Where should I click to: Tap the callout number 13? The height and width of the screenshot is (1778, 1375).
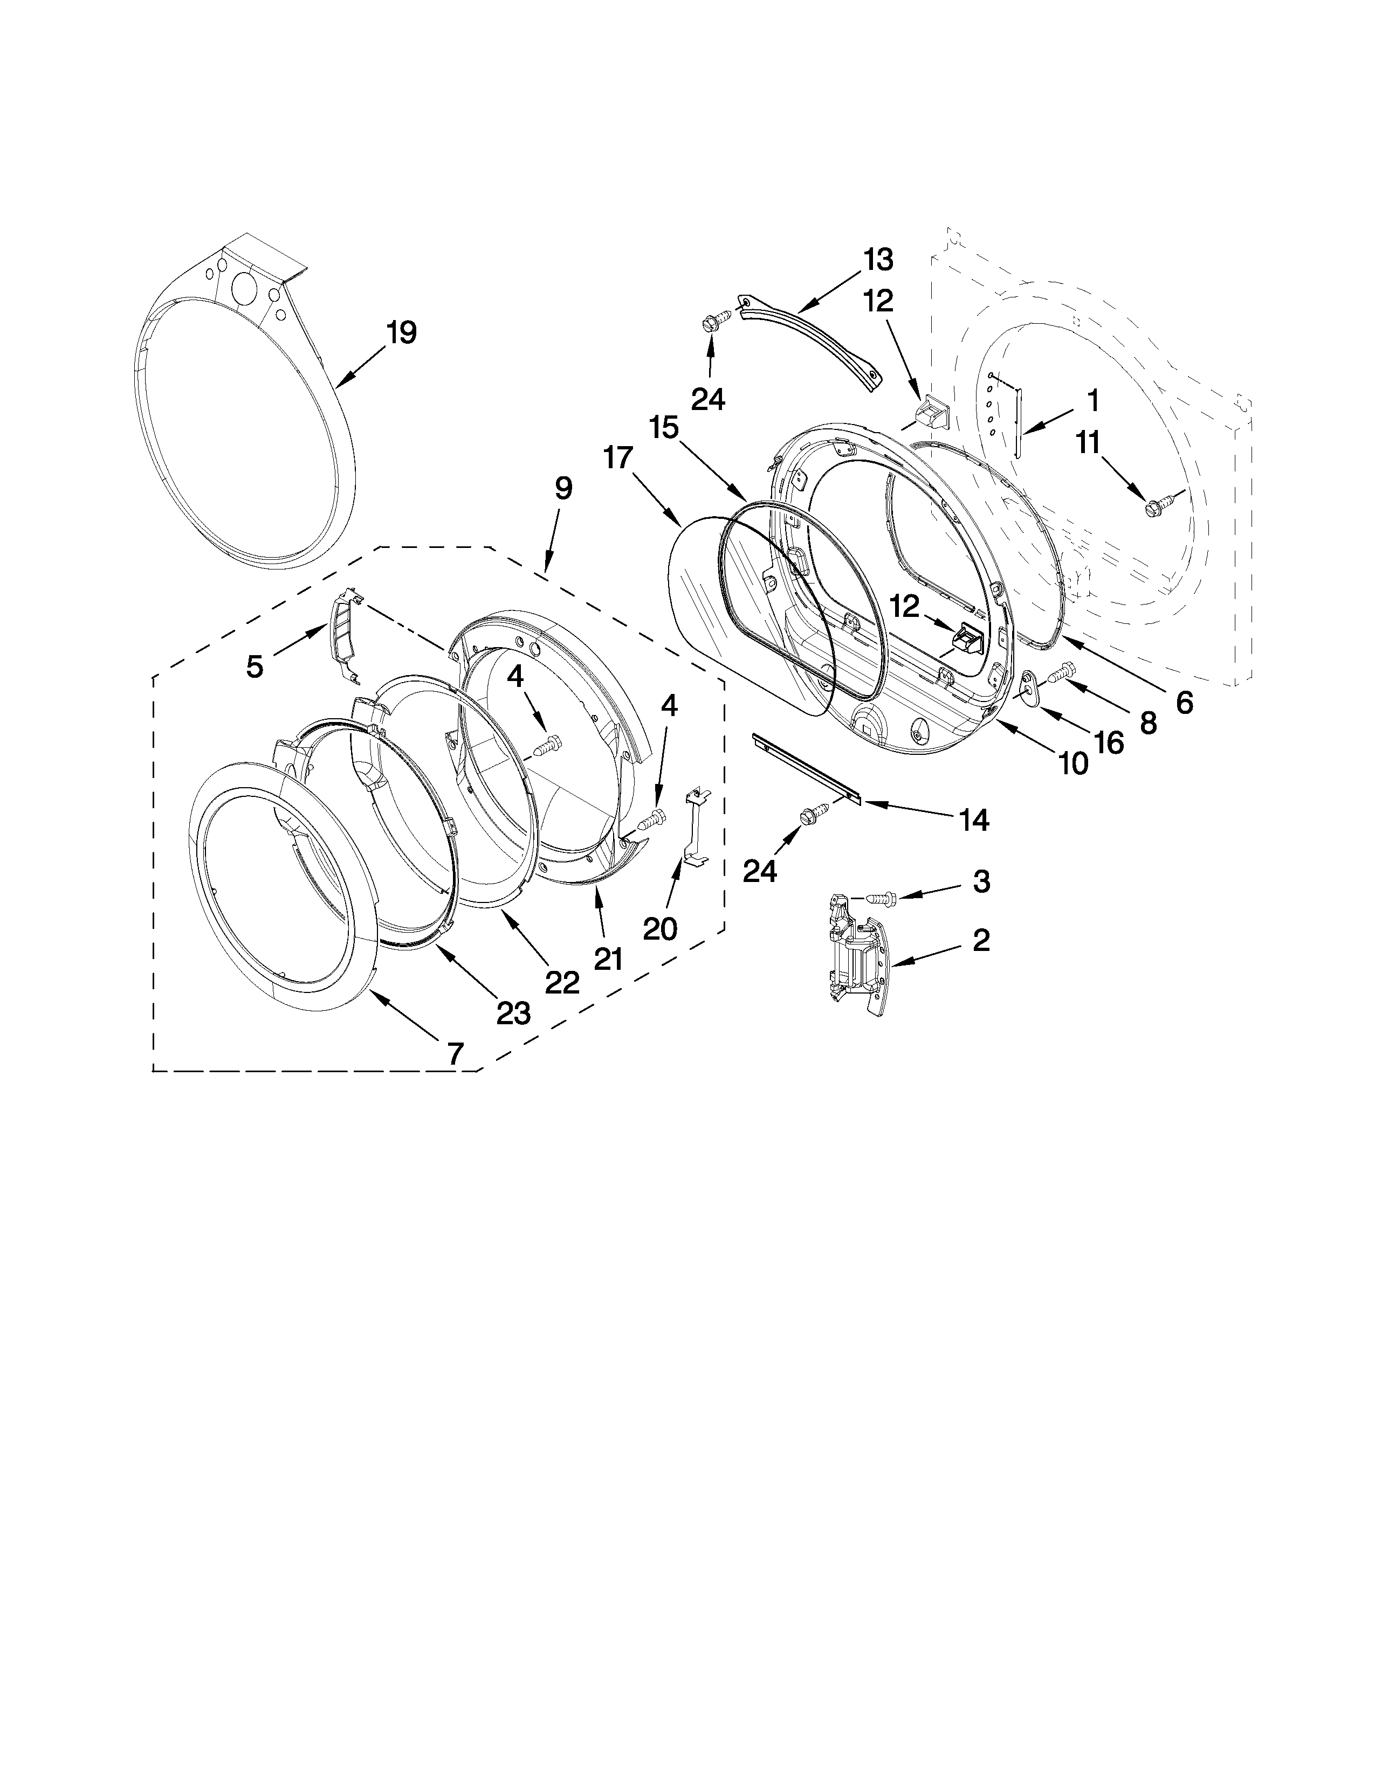(878, 261)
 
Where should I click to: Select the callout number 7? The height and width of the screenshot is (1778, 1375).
(455, 1053)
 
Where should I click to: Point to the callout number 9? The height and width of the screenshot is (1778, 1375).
(563, 489)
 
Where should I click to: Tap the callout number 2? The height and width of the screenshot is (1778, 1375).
(981, 940)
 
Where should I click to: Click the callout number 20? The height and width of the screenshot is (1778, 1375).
(660, 928)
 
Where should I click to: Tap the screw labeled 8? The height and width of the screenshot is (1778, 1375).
(1062, 672)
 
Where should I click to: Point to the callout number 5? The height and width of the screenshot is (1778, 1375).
(255, 667)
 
